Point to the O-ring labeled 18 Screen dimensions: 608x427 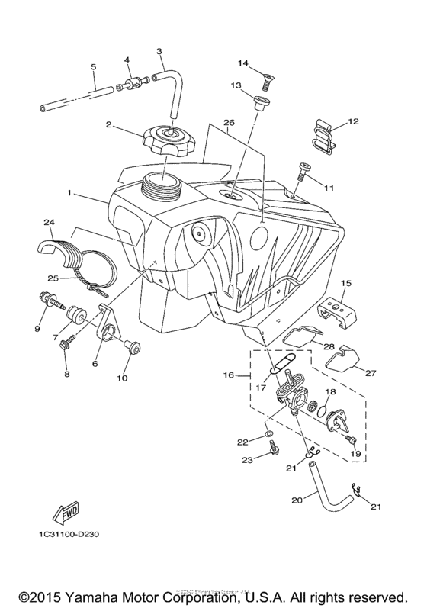coord(323,412)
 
